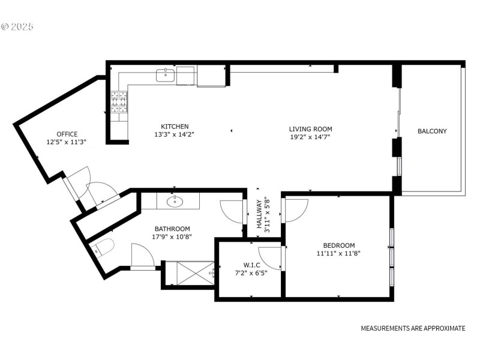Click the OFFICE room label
click(x=67, y=134)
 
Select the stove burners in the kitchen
click(x=118, y=101)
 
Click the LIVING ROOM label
click(x=310, y=129)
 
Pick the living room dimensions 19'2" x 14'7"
click(x=310, y=137)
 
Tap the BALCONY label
click(x=432, y=131)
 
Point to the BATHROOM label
click(x=172, y=229)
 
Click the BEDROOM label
click(x=339, y=245)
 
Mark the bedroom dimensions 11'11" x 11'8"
click(x=339, y=253)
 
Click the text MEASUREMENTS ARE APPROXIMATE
click(x=413, y=328)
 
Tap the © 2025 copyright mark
click(x=18, y=27)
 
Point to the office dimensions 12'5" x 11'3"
click(x=67, y=142)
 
